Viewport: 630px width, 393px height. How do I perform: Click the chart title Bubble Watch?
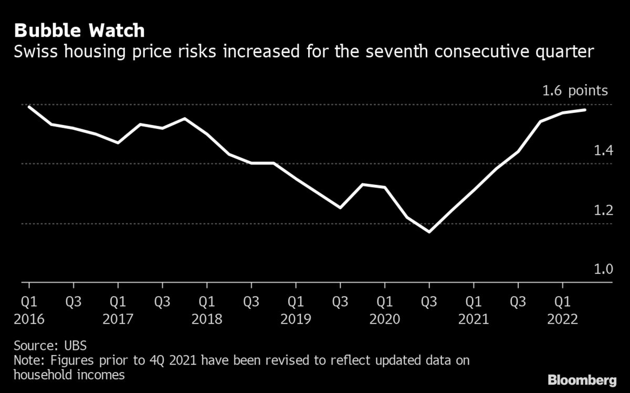pyautogui.click(x=79, y=30)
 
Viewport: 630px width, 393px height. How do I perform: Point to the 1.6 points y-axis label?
pyautogui.click(x=575, y=91)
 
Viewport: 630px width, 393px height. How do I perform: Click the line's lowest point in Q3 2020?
pyautogui.click(x=429, y=232)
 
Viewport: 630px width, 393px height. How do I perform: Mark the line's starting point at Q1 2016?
pyautogui.click(x=29, y=107)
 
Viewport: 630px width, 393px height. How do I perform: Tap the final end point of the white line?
pyautogui.click(x=585, y=110)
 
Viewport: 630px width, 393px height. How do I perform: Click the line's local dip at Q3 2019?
pyautogui.click(x=340, y=208)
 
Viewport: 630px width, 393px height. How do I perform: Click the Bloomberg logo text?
pyautogui.click(x=582, y=379)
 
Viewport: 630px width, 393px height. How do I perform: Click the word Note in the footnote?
pyautogui.click(x=26, y=361)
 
